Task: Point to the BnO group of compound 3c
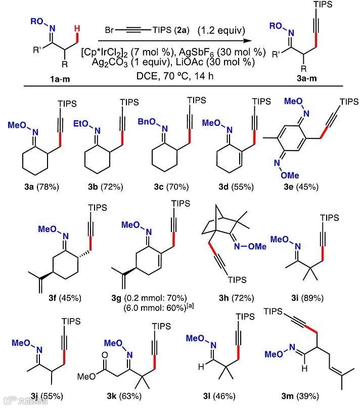(148, 122)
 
